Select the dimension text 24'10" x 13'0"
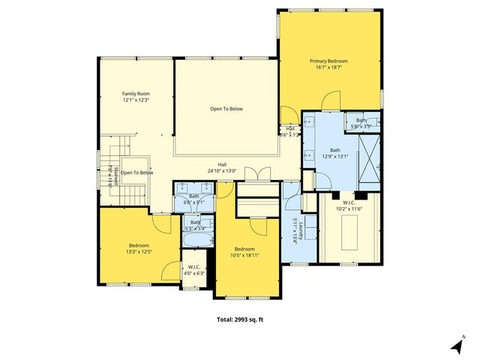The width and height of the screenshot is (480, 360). point(222,171)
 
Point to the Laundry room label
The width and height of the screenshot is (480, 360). point(298,229)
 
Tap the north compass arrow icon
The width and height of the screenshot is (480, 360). point(455,346)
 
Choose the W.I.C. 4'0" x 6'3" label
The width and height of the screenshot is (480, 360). point(193,269)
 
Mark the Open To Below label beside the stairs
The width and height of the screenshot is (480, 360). point(136,173)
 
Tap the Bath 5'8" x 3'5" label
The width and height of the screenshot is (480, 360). point(361,124)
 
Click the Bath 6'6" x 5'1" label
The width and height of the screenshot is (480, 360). point(194,199)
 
